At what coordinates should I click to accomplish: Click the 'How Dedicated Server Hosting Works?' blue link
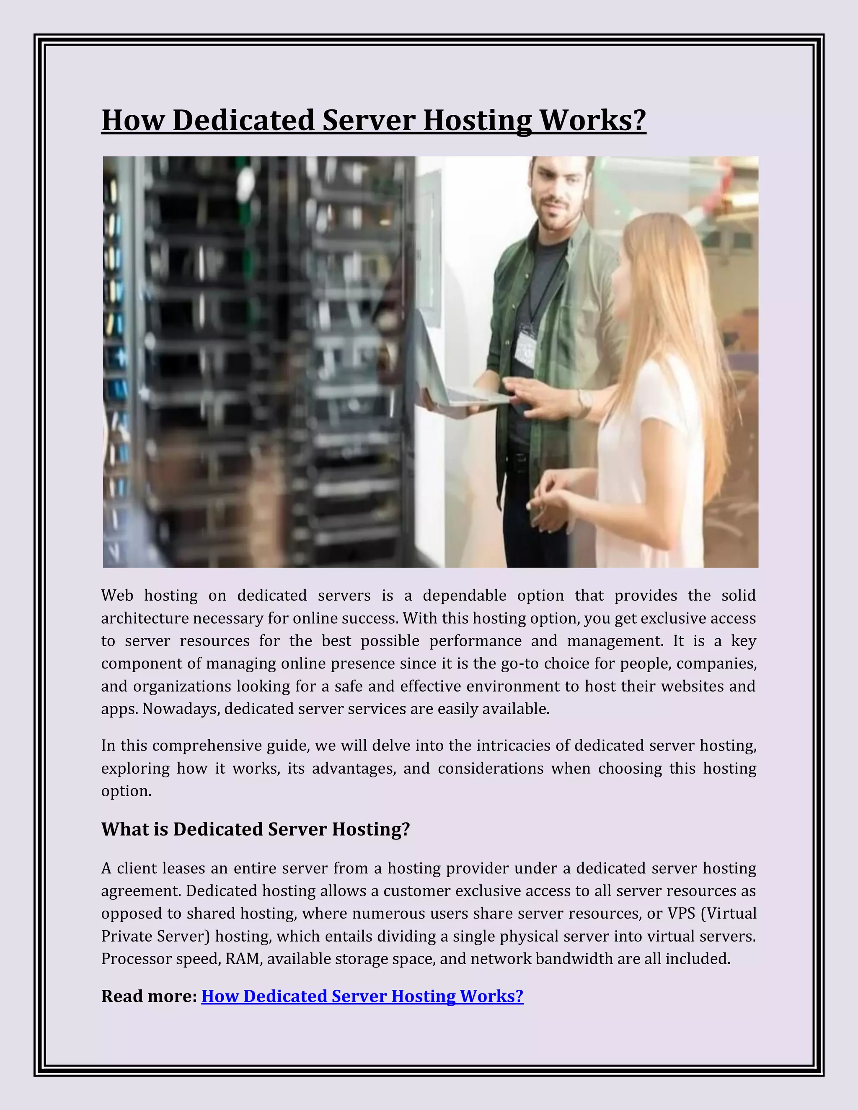[362, 996]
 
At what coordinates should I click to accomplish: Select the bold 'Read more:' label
[149, 996]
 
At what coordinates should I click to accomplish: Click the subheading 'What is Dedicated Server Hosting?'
[255, 829]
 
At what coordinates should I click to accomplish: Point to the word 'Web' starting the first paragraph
[117, 595]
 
